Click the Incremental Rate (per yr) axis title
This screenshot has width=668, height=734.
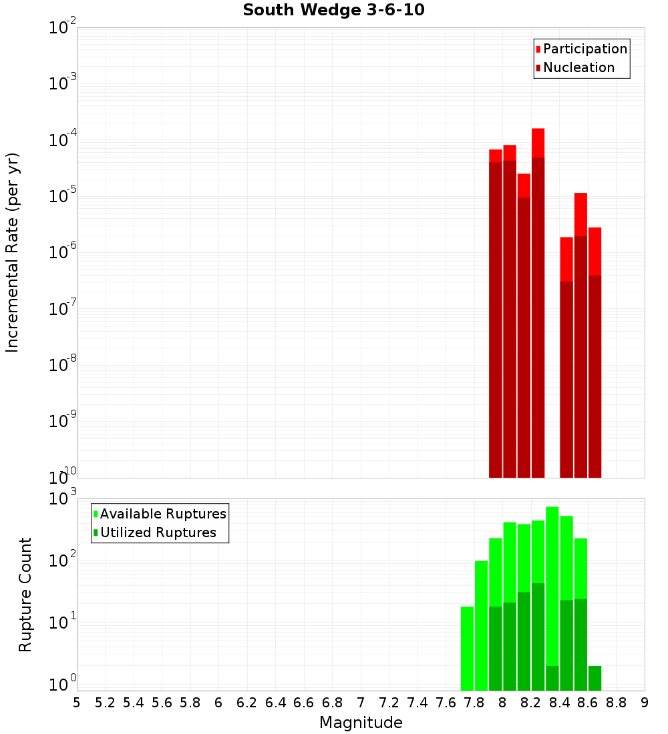(13, 253)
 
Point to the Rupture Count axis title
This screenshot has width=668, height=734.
(25, 595)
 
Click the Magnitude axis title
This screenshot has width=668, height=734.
(361, 723)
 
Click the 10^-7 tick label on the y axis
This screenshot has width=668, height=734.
(62, 310)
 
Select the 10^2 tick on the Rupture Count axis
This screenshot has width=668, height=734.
(62, 561)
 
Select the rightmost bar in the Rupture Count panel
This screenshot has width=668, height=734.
(595, 678)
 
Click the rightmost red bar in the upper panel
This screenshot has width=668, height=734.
(595, 354)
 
